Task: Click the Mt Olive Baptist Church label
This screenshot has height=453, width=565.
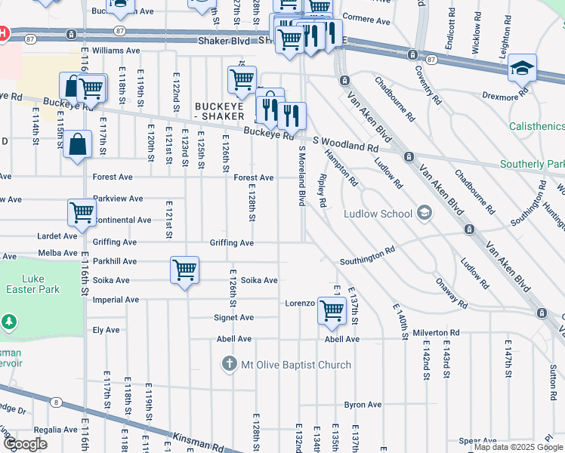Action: coord(295,365)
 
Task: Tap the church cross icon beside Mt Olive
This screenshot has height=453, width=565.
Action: coord(230,365)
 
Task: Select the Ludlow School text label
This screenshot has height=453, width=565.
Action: coord(378,214)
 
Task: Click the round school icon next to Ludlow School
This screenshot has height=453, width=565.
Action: coord(424,214)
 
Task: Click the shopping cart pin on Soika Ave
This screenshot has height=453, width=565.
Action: coord(184,270)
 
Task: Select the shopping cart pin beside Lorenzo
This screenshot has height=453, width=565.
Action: coord(332,310)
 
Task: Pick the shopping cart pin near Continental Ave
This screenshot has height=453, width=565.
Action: coord(82,212)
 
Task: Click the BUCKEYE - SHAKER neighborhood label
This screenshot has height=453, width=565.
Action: coord(219,111)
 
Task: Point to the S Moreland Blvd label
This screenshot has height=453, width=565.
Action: coord(302,177)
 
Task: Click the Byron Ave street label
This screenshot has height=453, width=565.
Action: coord(363,405)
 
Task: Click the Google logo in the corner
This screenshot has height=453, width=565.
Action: coord(24,444)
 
